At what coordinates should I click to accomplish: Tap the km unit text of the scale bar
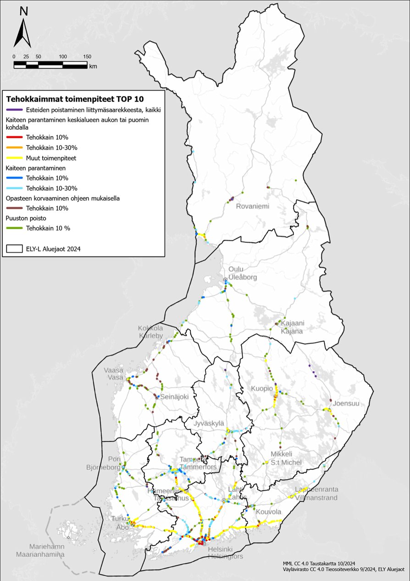tap(93, 66)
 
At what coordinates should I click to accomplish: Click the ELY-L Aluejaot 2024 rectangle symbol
tap(14, 248)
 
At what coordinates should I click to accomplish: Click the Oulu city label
tap(236, 270)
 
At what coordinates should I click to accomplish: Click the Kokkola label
tap(150, 328)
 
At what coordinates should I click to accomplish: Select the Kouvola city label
tap(268, 511)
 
